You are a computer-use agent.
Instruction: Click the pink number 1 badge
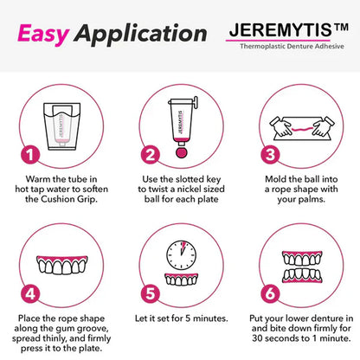click(x=29, y=156)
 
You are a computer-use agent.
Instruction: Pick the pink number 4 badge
click(x=29, y=292)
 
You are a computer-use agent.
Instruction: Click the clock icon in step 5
click(x=180, y=252)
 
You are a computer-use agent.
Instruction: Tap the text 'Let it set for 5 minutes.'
click(x=180, y=318)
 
